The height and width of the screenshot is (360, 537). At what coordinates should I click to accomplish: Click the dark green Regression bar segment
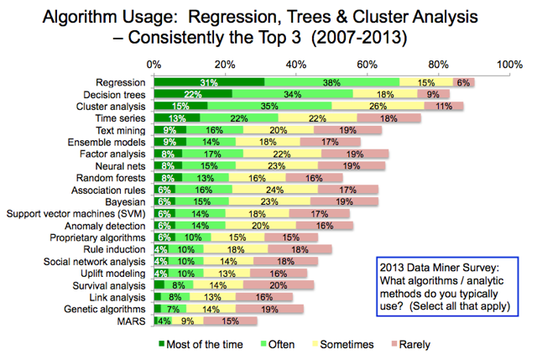click(209, 81)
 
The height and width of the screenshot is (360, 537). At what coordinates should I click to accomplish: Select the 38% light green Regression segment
click(331, 81)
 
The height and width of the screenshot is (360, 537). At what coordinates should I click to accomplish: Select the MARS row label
click(134, 321)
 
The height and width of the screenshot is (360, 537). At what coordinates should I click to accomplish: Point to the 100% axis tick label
click(508, 64)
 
